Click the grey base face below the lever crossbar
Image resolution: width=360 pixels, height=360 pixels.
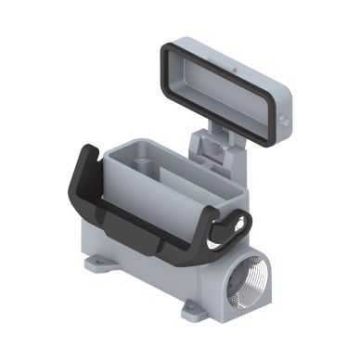tap(158, 269)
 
